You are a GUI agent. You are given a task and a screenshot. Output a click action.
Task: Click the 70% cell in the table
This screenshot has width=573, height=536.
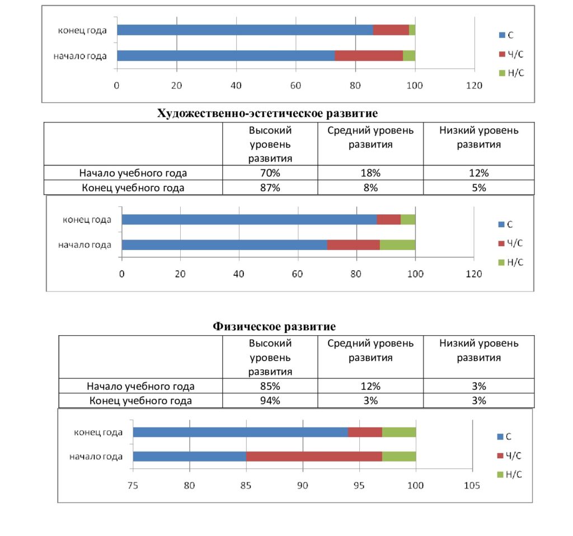point(270,173)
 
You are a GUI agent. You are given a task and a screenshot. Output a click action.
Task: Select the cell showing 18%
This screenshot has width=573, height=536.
point(370,173)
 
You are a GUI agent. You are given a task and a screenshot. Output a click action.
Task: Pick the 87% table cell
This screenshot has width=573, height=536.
point(270,187)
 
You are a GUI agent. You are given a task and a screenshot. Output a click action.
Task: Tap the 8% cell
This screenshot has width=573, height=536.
point(370,187)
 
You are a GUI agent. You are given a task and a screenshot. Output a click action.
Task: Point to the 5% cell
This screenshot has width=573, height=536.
point(479,187)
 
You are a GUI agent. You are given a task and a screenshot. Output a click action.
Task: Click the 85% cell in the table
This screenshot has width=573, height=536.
point(270,386)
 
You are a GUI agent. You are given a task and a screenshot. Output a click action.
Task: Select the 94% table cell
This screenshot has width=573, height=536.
point(270,401)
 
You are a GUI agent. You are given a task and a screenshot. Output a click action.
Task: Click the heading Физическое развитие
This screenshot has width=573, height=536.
point(274,326)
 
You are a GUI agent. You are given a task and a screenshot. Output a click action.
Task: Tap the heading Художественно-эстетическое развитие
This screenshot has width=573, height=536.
point(267,113)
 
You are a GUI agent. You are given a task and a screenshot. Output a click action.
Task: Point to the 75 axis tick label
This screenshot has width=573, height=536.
point(133,486)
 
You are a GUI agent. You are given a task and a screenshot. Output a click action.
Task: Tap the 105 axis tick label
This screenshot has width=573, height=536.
point(472,486)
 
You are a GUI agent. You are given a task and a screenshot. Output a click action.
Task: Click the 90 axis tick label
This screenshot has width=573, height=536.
point(302,486)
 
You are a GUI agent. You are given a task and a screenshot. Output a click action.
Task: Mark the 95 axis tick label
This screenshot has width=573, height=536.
point(359,486)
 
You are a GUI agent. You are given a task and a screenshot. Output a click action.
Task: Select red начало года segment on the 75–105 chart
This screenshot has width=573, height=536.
point(314,457)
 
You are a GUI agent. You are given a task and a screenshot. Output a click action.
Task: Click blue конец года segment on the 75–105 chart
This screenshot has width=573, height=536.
point(241,432)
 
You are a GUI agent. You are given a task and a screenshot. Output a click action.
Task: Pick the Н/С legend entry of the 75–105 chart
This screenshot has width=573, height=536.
point(509,474)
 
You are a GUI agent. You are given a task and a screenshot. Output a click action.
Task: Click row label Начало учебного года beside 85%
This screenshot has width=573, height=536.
point(140,386)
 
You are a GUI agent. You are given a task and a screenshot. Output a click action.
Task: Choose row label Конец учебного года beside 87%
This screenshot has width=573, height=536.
point(133,188)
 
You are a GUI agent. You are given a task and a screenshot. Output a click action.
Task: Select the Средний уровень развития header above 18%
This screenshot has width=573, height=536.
point(370,138)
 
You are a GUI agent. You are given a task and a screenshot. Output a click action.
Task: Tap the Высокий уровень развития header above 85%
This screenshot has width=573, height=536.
point(270,358)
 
